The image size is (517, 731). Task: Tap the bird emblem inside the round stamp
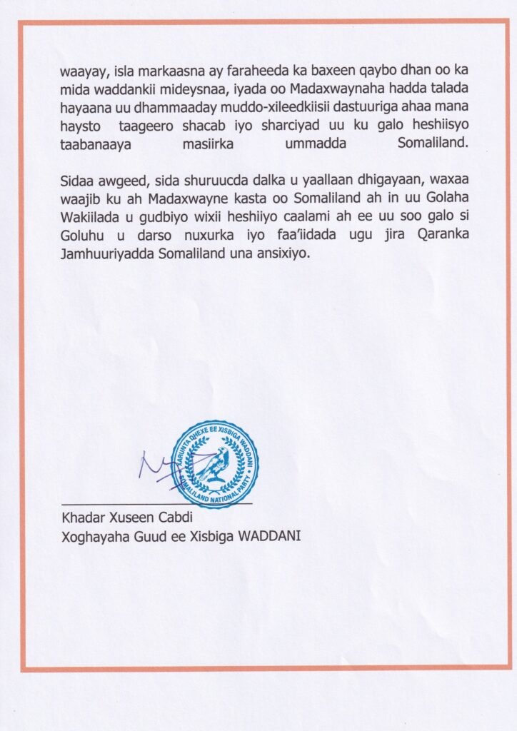(x=216, y=465)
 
